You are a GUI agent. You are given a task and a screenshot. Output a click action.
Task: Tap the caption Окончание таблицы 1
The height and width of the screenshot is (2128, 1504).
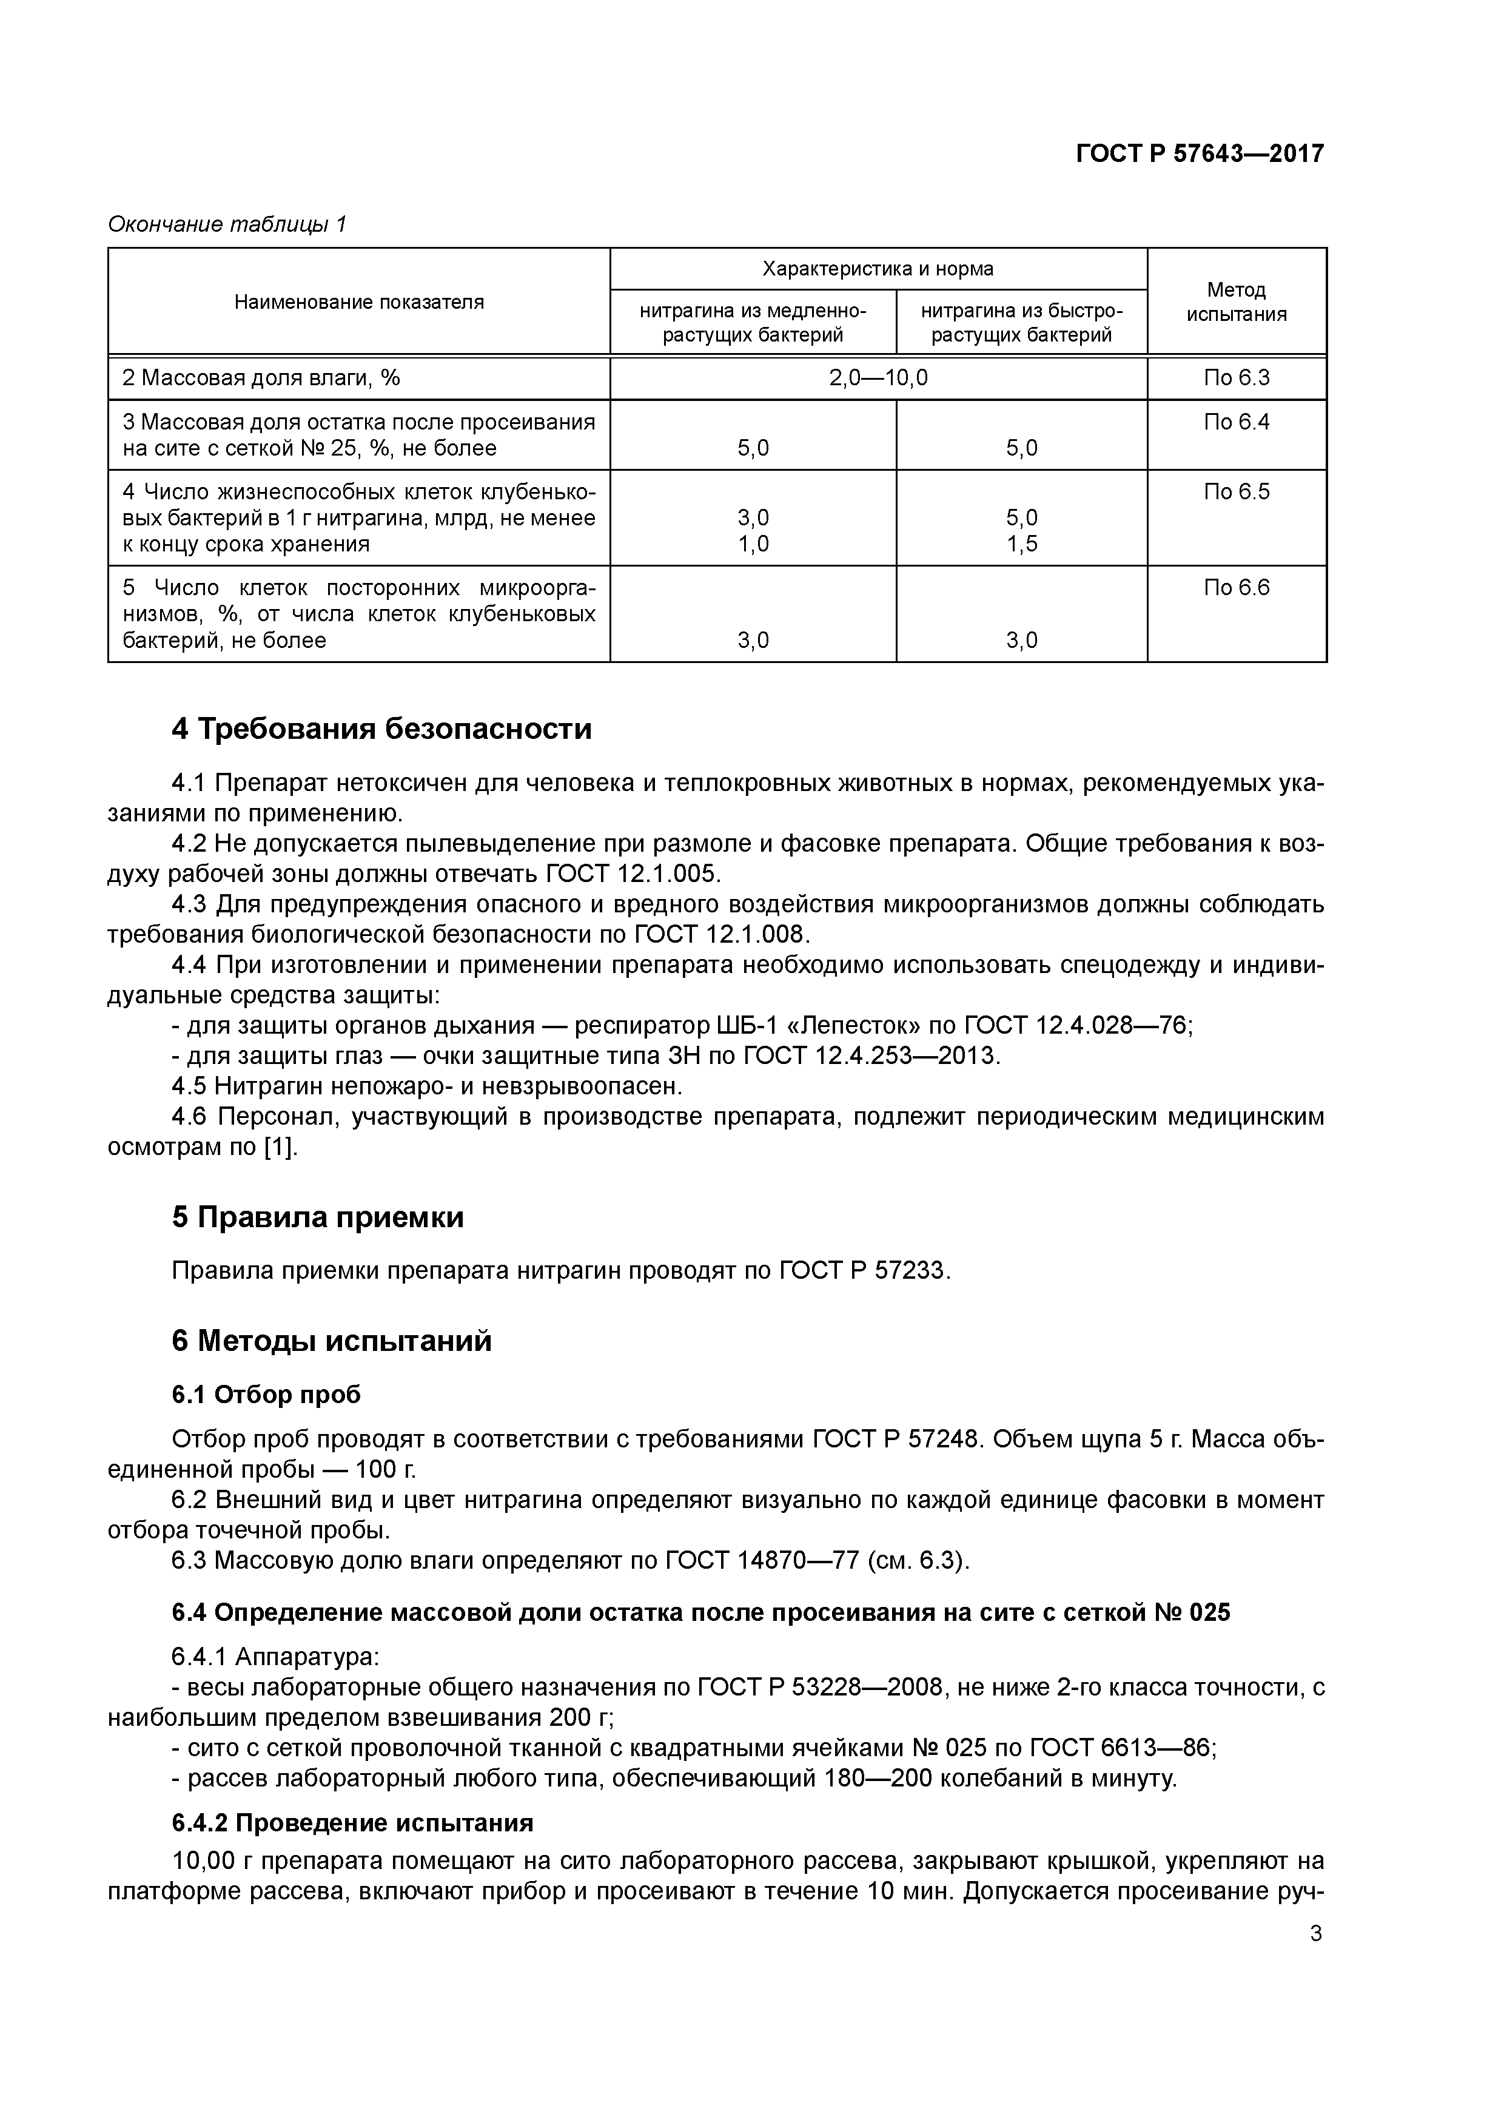click(227, 224)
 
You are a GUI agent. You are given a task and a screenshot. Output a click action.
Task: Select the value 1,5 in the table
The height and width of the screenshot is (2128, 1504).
click(1021, 544)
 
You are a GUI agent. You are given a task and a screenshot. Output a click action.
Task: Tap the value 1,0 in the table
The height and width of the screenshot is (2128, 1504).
click(753, 544)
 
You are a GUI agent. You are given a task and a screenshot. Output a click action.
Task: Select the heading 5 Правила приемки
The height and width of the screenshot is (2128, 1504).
click(317, 1217)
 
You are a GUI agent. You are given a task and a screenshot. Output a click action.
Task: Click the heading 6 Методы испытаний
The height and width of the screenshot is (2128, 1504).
click(331, 1341)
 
